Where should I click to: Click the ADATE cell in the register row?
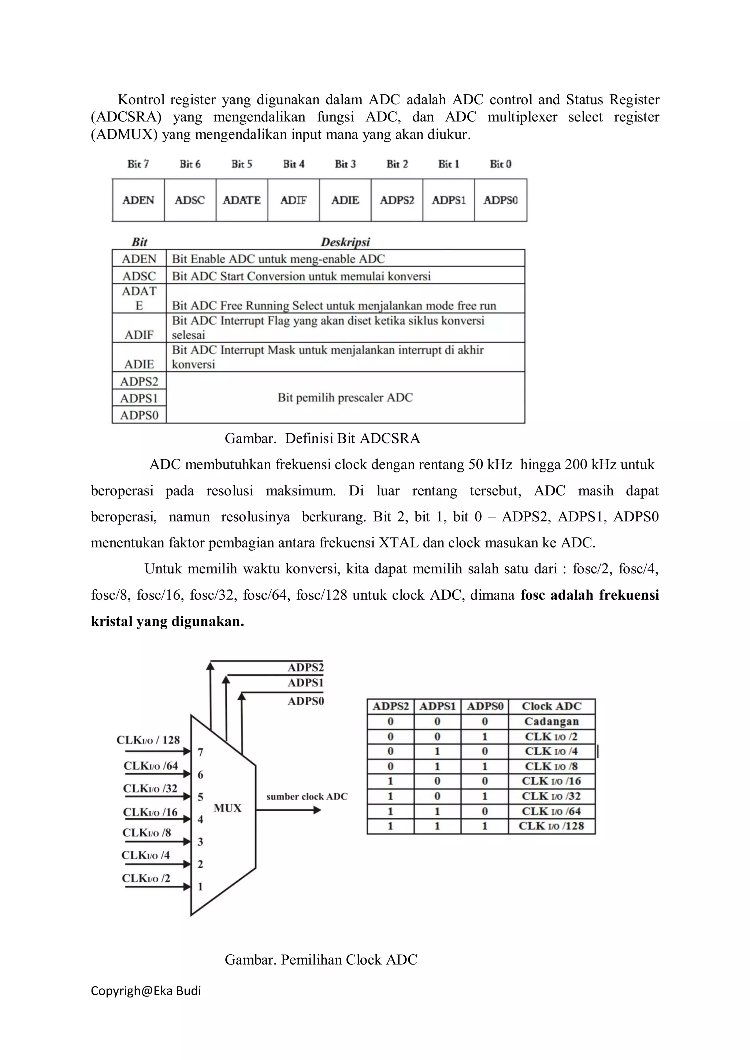point(242,200)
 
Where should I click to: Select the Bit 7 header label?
point(138,164)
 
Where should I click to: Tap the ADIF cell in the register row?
point(293,200)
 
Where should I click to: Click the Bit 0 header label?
point(501,164)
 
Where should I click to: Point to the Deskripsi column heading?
point(345,242)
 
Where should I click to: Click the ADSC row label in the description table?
point(139,276)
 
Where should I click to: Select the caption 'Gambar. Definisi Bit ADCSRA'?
point(322,438)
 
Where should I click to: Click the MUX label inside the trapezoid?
point(227,808)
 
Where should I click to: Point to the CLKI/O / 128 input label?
point(148,740)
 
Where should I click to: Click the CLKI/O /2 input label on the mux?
point(146,878)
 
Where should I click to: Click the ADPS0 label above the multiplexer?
point(305,701)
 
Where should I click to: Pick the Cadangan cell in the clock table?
point(551,722)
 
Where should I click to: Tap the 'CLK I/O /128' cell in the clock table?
point(551,826)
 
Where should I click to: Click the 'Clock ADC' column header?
point(551,706)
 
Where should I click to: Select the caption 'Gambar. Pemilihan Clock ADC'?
point(321,960)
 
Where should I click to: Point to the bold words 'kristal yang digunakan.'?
point(167,621)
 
